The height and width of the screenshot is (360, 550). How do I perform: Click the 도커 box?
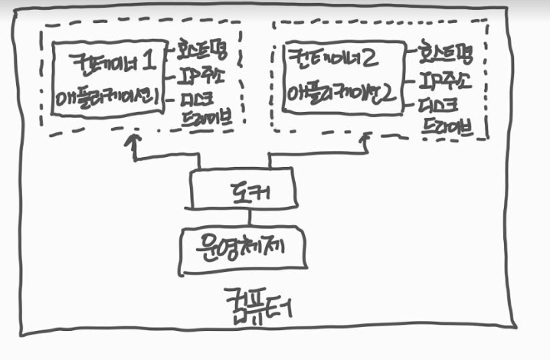[x=242, y=189]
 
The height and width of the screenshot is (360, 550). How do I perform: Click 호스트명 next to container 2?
[x=452, y=54]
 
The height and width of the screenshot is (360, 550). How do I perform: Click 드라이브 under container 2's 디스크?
[x=456, y=127]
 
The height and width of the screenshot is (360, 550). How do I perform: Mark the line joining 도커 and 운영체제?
[x=241, y=218]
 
